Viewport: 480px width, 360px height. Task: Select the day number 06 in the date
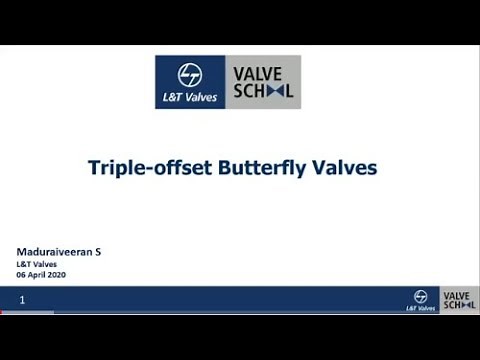click(x=23, y=274)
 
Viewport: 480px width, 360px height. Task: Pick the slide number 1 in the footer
click(x=22, y=299)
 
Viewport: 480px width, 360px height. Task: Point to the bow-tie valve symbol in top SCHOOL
click(x=274, y=91)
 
